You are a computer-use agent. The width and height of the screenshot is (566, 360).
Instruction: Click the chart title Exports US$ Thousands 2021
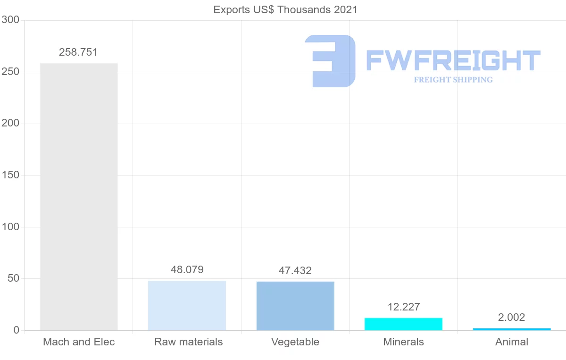tap(285, 9)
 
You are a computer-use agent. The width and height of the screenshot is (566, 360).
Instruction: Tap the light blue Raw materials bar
tap(187, 305)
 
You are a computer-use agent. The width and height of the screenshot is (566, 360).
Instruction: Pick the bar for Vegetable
tap(295, 306)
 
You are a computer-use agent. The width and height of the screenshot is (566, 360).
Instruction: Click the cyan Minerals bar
tap(403, 324)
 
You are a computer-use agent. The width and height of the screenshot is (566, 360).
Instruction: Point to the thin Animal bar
tap(512, 329)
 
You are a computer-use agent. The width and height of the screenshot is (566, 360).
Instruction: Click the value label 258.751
tap(78, 52)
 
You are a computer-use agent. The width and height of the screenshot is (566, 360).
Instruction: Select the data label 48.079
tap(187, 270)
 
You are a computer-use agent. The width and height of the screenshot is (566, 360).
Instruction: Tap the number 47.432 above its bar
tap(295, 271)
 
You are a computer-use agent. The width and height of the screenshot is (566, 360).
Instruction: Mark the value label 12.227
tap(403, 307)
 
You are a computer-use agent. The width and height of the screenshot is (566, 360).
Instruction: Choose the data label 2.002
tap(512, 318)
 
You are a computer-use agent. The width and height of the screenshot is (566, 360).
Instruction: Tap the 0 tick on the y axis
tap(16, 330)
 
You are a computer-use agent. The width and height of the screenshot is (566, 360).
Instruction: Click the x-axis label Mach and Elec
tap(79, 342)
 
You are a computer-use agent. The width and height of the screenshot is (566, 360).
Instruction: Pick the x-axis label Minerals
tap(403, 342)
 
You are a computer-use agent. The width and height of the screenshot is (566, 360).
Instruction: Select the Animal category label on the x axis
tap(512, 342)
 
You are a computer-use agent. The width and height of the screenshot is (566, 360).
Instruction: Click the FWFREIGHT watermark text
tap(453, 60)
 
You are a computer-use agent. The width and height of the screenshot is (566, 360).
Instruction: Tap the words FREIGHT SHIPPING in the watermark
tap(453, 80)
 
